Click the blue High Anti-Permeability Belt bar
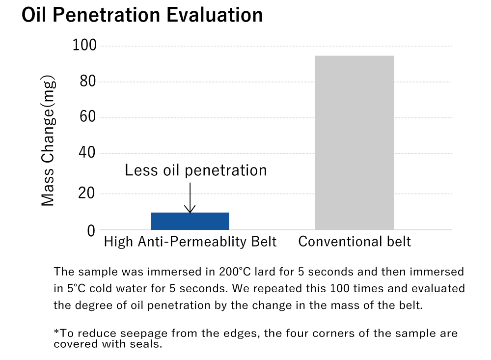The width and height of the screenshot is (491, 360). [190, 221]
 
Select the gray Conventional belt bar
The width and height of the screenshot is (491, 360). [354, 142]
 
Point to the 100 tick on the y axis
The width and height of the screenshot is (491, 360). [84, 46]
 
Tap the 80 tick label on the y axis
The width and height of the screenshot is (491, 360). [87, 82]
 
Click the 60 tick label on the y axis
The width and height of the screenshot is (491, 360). [87, 118]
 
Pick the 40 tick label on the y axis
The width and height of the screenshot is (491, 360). [87, 154]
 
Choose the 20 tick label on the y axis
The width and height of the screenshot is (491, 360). [87, 194]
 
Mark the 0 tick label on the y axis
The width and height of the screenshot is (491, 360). [91, 230]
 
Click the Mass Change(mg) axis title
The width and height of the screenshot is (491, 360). [48, 141]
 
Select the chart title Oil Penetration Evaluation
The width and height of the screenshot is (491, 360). [142, 15]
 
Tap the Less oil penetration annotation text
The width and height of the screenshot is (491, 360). [195, 170]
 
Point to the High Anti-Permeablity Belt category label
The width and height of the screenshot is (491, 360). [190, 242]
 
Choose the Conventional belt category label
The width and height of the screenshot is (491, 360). [355, 242]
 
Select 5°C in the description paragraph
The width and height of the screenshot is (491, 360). [74, 288]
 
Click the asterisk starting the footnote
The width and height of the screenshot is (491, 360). [56, 332]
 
